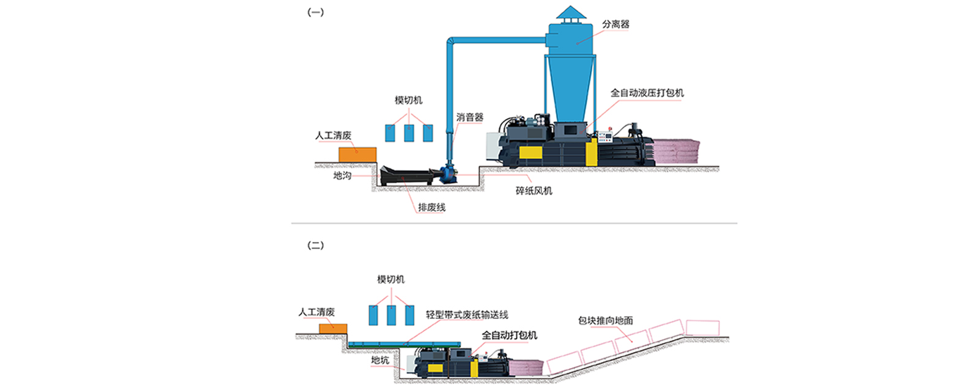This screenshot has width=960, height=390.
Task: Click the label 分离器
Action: click(615, 24)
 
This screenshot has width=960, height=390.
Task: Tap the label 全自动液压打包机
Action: click(647, 92)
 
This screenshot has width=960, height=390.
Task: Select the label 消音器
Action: click(469, 117)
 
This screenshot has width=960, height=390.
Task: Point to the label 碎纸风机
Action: click(533, 191)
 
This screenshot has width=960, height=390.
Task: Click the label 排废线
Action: click(431, 207)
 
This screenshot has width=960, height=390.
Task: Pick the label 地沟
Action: click(343, 175)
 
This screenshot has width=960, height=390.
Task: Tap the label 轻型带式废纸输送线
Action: click(467, 315)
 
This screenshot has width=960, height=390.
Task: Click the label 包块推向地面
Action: click(605, 320)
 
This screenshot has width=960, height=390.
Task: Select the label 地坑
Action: click(380, 360)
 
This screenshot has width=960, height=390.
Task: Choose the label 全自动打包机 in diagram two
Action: click(509, 335)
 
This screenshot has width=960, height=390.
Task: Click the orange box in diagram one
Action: click(358, 155)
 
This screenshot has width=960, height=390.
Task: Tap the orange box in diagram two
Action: click(333, 329)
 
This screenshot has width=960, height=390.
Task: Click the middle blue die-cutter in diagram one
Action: click(409, 133)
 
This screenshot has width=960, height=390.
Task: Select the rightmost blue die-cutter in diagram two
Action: click(410, 315)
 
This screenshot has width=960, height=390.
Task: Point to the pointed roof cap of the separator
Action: click(571, 13)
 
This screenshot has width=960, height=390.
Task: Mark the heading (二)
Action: click(315, 245)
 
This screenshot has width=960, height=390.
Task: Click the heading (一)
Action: click(315, 12)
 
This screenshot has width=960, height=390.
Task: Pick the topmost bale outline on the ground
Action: click(702, 328)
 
